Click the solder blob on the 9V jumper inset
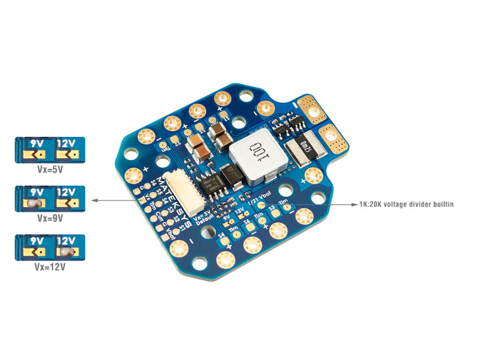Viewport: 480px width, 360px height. [33, 203]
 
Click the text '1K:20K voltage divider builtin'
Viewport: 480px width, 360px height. [406, 204]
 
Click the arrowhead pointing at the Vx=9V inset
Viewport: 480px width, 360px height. [94, 200]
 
